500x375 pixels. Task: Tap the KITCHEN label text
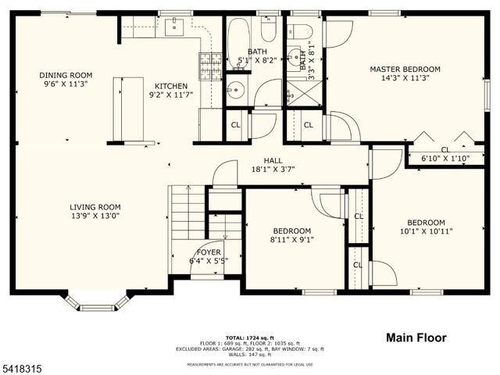point(170,87)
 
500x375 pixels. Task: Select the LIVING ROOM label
point(95,207)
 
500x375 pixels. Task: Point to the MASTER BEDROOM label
point(405,70)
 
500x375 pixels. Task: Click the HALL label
point(273,160)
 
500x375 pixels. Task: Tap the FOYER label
point(209,252)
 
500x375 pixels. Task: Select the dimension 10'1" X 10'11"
point(426,231)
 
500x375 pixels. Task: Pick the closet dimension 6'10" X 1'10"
point(445,159)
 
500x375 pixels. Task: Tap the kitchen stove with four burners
point(210,66)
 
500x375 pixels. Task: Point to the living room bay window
point(97,301)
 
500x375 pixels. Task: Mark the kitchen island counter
point(128,109)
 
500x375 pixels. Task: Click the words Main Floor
point(416,337)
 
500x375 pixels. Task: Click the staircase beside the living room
point(187,212)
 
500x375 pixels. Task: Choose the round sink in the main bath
point(237,89)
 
